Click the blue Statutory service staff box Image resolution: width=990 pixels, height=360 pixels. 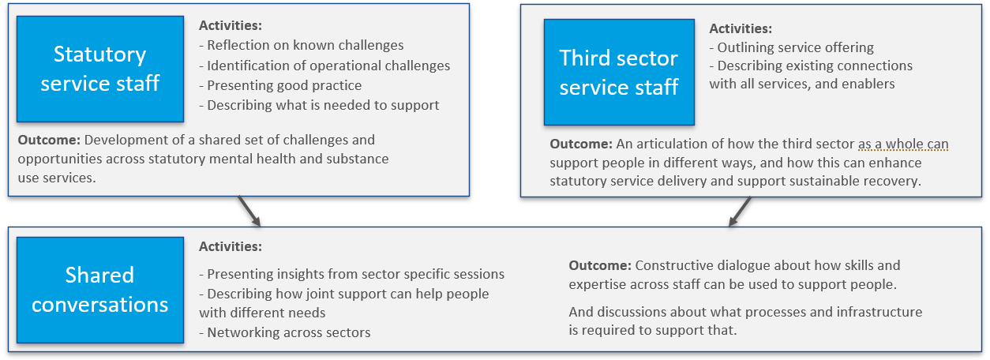(x=100, y=69)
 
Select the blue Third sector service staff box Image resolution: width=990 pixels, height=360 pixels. (x=619, y=72)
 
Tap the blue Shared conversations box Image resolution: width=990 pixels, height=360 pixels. (x=100, y=290)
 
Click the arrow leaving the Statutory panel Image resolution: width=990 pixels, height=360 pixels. (x=249, y=211)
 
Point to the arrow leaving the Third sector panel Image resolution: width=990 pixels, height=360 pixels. (x=740, y=211)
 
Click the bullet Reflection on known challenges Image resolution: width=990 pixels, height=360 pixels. (x=302, y=45)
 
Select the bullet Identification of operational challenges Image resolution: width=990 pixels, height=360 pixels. (x=324, y=66)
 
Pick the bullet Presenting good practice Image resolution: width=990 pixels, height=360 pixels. (x=280, y=85)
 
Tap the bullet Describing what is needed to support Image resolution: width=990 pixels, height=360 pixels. (x=319, y=105)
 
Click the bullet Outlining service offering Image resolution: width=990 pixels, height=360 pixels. (x=792, y=47)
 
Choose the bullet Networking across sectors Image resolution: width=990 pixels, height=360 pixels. (x=285, y=332)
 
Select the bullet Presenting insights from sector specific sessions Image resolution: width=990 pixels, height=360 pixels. (x=352, y=274)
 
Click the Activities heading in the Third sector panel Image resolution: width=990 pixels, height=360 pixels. (x=741, y=28)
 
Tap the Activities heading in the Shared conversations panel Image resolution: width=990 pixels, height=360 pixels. (x=231, y=246)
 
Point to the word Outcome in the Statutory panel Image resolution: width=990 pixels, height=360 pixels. (x=49, y=140)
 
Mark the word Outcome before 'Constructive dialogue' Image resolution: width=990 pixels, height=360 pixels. (x=600, y=265)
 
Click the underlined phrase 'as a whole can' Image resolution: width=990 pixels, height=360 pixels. (x=903, y=144)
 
